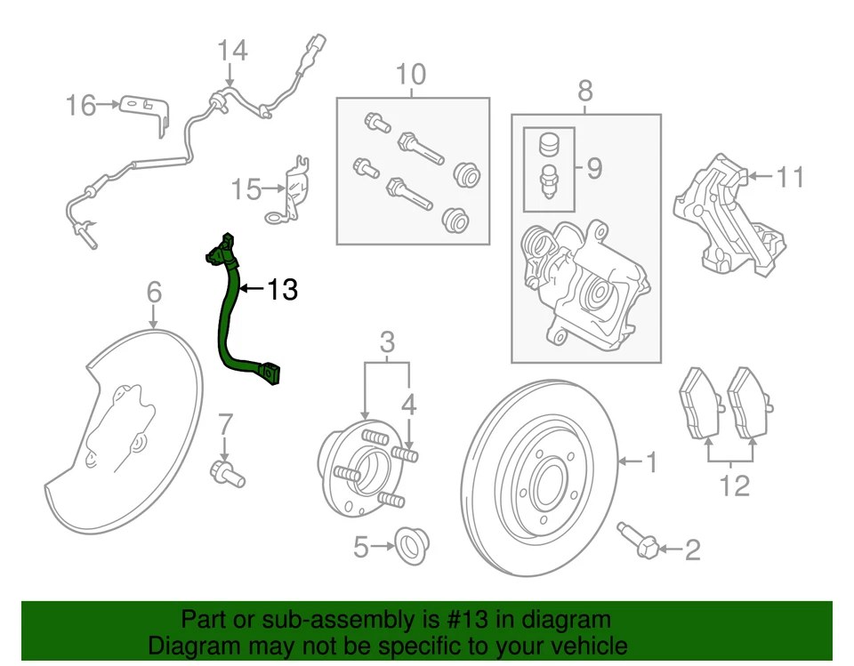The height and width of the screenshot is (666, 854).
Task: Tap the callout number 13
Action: [281, 289]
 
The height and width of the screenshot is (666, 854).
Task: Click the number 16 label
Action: [80, 106]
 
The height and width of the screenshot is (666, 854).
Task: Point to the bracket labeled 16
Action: [146, 110]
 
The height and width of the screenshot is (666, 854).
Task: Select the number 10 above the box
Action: [411, 75]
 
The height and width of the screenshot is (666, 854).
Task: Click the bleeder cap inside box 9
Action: [549, 145]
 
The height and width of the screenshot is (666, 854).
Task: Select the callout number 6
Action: [153, 291]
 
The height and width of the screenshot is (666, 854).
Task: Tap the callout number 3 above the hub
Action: [387, 341]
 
